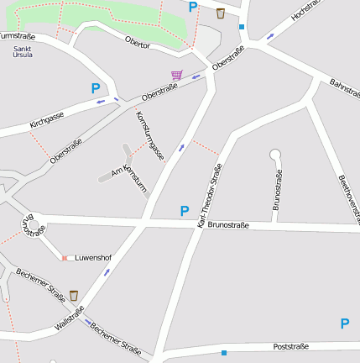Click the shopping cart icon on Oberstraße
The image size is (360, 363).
[x=176, y=75]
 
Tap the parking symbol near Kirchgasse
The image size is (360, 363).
[x=96, y=87]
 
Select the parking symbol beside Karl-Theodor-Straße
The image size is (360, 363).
[x=185, y=211]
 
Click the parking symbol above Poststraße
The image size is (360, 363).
[x=345, y=324]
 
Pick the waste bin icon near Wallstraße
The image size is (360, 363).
[x=74, y=296]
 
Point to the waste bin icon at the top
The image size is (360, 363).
[x=221, y=13]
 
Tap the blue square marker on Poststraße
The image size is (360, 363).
[x=224, y=353]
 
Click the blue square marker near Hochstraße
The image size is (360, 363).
[x=242, y=27]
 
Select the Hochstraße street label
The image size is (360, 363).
[x=306, y=15]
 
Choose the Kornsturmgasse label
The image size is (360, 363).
[x=149, y=135]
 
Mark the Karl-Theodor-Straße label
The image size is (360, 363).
[x=210, y=196]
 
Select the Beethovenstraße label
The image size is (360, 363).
[x=348, y=198]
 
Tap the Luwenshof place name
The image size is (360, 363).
[x=93, y=257]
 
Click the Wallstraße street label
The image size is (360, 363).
[x=69, y=320]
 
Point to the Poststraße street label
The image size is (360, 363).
[x=291, y=346]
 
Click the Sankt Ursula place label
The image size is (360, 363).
[x=23, y=52]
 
